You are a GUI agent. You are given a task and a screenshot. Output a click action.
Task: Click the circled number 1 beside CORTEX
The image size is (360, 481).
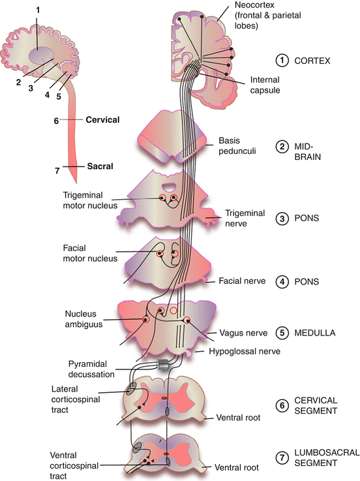282,61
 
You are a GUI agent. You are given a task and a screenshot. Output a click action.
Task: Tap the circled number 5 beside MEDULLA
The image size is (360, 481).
282,333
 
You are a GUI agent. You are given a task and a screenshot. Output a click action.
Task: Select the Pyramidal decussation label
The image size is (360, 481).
93,368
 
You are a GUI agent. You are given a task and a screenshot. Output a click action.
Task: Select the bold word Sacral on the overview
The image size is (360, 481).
100,166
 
